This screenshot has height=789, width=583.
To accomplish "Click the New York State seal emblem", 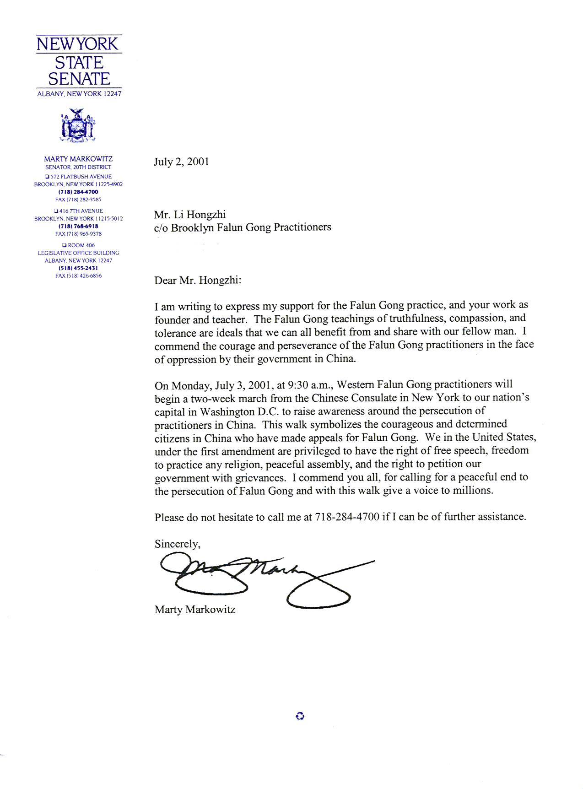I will pos(78,125).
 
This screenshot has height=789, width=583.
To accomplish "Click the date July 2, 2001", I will pos(181,162).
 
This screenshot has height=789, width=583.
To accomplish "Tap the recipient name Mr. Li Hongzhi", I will pos(190,215).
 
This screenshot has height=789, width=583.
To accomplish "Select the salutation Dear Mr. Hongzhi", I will pos(198,280).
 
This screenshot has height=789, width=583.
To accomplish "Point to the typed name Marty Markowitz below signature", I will pos(195,610).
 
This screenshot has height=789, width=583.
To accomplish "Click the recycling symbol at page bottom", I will pos(300,716).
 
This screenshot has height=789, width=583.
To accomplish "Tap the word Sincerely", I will pos(177,544).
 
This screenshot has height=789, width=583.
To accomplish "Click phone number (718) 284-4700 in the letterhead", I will pos(78,192).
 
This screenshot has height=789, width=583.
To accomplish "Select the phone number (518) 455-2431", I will pos(78,268).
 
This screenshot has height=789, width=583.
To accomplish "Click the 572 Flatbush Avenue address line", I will pos(78,177).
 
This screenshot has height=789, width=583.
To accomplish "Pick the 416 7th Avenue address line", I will pos(78,211).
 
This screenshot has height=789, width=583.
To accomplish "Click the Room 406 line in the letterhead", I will pos(78,245).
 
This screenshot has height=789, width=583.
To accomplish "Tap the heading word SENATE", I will pos(79,79).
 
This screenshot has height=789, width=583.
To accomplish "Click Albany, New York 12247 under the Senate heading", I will pos(79,94).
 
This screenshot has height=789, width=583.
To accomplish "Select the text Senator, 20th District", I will pos(78,167).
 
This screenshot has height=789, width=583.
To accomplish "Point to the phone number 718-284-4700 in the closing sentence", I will pos(347,517).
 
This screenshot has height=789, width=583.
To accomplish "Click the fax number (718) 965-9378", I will pos(78,234).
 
